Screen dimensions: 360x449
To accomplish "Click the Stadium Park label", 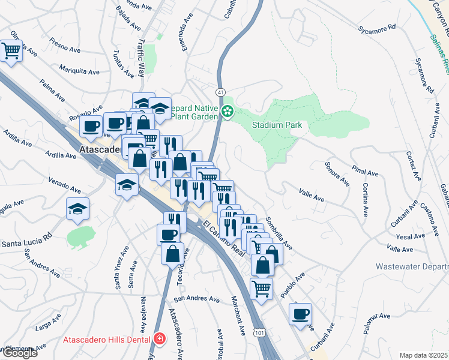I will [x=277, y=125].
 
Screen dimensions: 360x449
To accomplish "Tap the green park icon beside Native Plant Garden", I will [x=228, y=111].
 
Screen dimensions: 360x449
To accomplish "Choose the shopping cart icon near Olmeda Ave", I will [x=11, y=52].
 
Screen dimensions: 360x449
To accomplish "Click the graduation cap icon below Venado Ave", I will [x=78, y=209].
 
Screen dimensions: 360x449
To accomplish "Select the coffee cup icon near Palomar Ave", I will [x=300, y=314].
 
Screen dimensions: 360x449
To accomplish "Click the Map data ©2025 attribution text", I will [x=423, y=355].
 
